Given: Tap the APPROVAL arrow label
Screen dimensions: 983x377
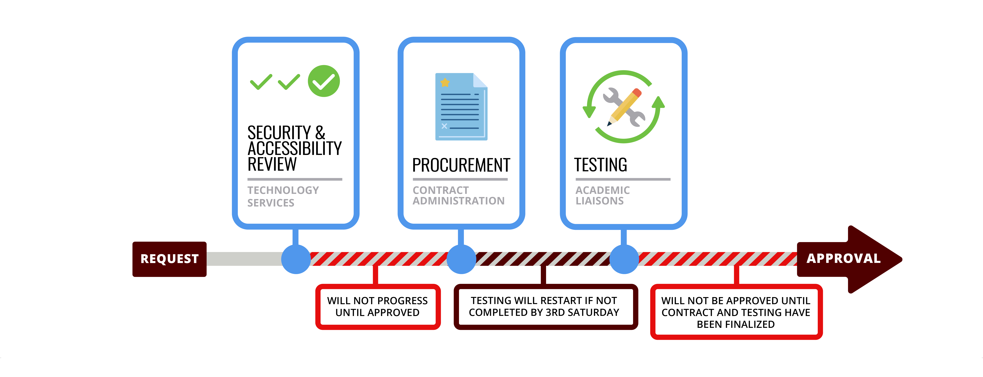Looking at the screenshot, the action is (x=843, y=258).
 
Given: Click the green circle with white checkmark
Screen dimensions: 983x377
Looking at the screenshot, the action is (x=324, y=81).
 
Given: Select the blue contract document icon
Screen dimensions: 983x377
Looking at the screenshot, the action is (x=461, y=107).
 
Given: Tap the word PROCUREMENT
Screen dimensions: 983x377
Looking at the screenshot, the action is (x=461, y=165).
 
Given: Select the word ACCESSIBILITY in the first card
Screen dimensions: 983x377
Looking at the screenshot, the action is (x=295, y=148).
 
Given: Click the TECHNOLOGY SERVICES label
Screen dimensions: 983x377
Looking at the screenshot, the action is (x=283, y=196).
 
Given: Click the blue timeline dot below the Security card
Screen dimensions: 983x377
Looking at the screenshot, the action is (x=296, y=259).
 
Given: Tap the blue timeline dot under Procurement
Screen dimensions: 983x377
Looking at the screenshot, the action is (x=461, y=259).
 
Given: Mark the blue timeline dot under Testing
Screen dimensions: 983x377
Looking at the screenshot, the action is (x=624, y=259).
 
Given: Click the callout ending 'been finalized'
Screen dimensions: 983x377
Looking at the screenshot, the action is (x=736, y=312).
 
